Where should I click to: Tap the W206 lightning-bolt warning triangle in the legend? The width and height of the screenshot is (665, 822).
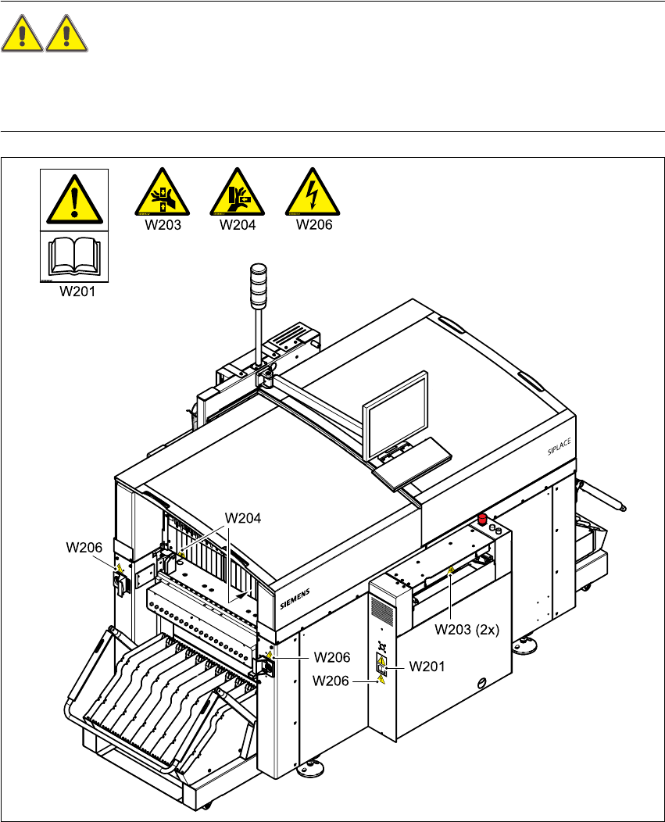click(313, 192)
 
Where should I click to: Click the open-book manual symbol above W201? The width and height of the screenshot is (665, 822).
click(74, 257)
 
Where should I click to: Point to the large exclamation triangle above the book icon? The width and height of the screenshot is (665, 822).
click(74, 199)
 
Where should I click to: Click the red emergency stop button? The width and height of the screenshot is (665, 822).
click(483, 519)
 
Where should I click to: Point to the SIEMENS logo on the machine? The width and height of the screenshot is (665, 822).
click(295, 599)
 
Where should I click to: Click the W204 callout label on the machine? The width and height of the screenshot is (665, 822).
click(242, 517)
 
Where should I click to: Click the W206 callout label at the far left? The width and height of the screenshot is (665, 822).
click(83, 548)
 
